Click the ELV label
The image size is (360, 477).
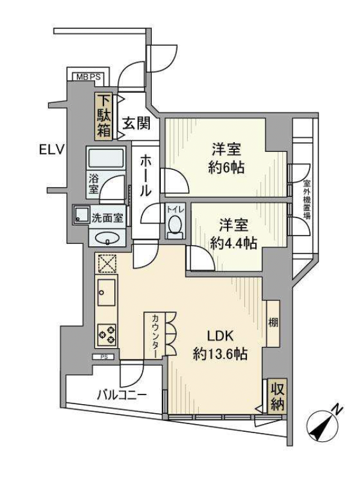[x=52, y=150]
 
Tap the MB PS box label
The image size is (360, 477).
[x=88, y=76]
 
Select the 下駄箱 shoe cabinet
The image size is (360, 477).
[x=104, y=116]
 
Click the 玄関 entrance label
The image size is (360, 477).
[x=137, y=123]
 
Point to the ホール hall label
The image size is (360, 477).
[x=145, y=175]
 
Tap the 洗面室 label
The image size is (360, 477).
[x=107, y=218]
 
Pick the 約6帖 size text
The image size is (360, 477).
[x=226, y=167]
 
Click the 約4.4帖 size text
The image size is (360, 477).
[x=234, y=243]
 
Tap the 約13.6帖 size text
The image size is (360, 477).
[x=220, y=354]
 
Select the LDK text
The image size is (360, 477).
[x=220, y=336]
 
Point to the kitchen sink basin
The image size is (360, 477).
[x=107, y=292]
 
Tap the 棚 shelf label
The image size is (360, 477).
[x=273, y=322]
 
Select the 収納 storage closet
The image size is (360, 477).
[x=277, y=396]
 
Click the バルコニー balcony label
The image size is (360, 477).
[x=122, y=396]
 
